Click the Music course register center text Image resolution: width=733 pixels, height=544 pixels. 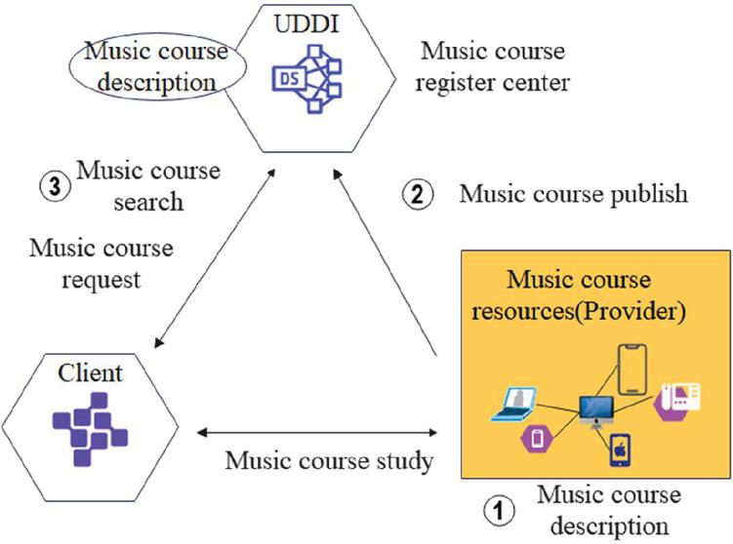click(491, 66)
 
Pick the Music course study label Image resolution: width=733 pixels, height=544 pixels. click(329, 460)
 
